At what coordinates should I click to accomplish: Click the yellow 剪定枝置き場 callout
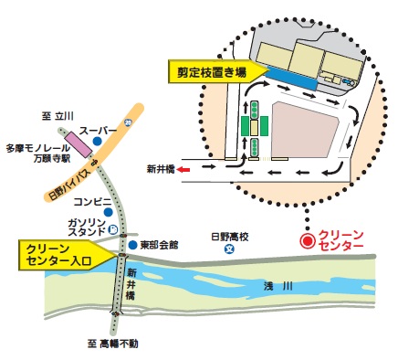213,69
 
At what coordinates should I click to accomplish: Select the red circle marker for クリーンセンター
309,240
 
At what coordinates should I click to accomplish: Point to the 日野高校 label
229,234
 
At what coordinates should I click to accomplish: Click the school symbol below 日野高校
230,248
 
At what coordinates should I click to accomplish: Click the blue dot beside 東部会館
132,246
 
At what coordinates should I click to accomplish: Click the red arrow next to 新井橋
183,168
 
